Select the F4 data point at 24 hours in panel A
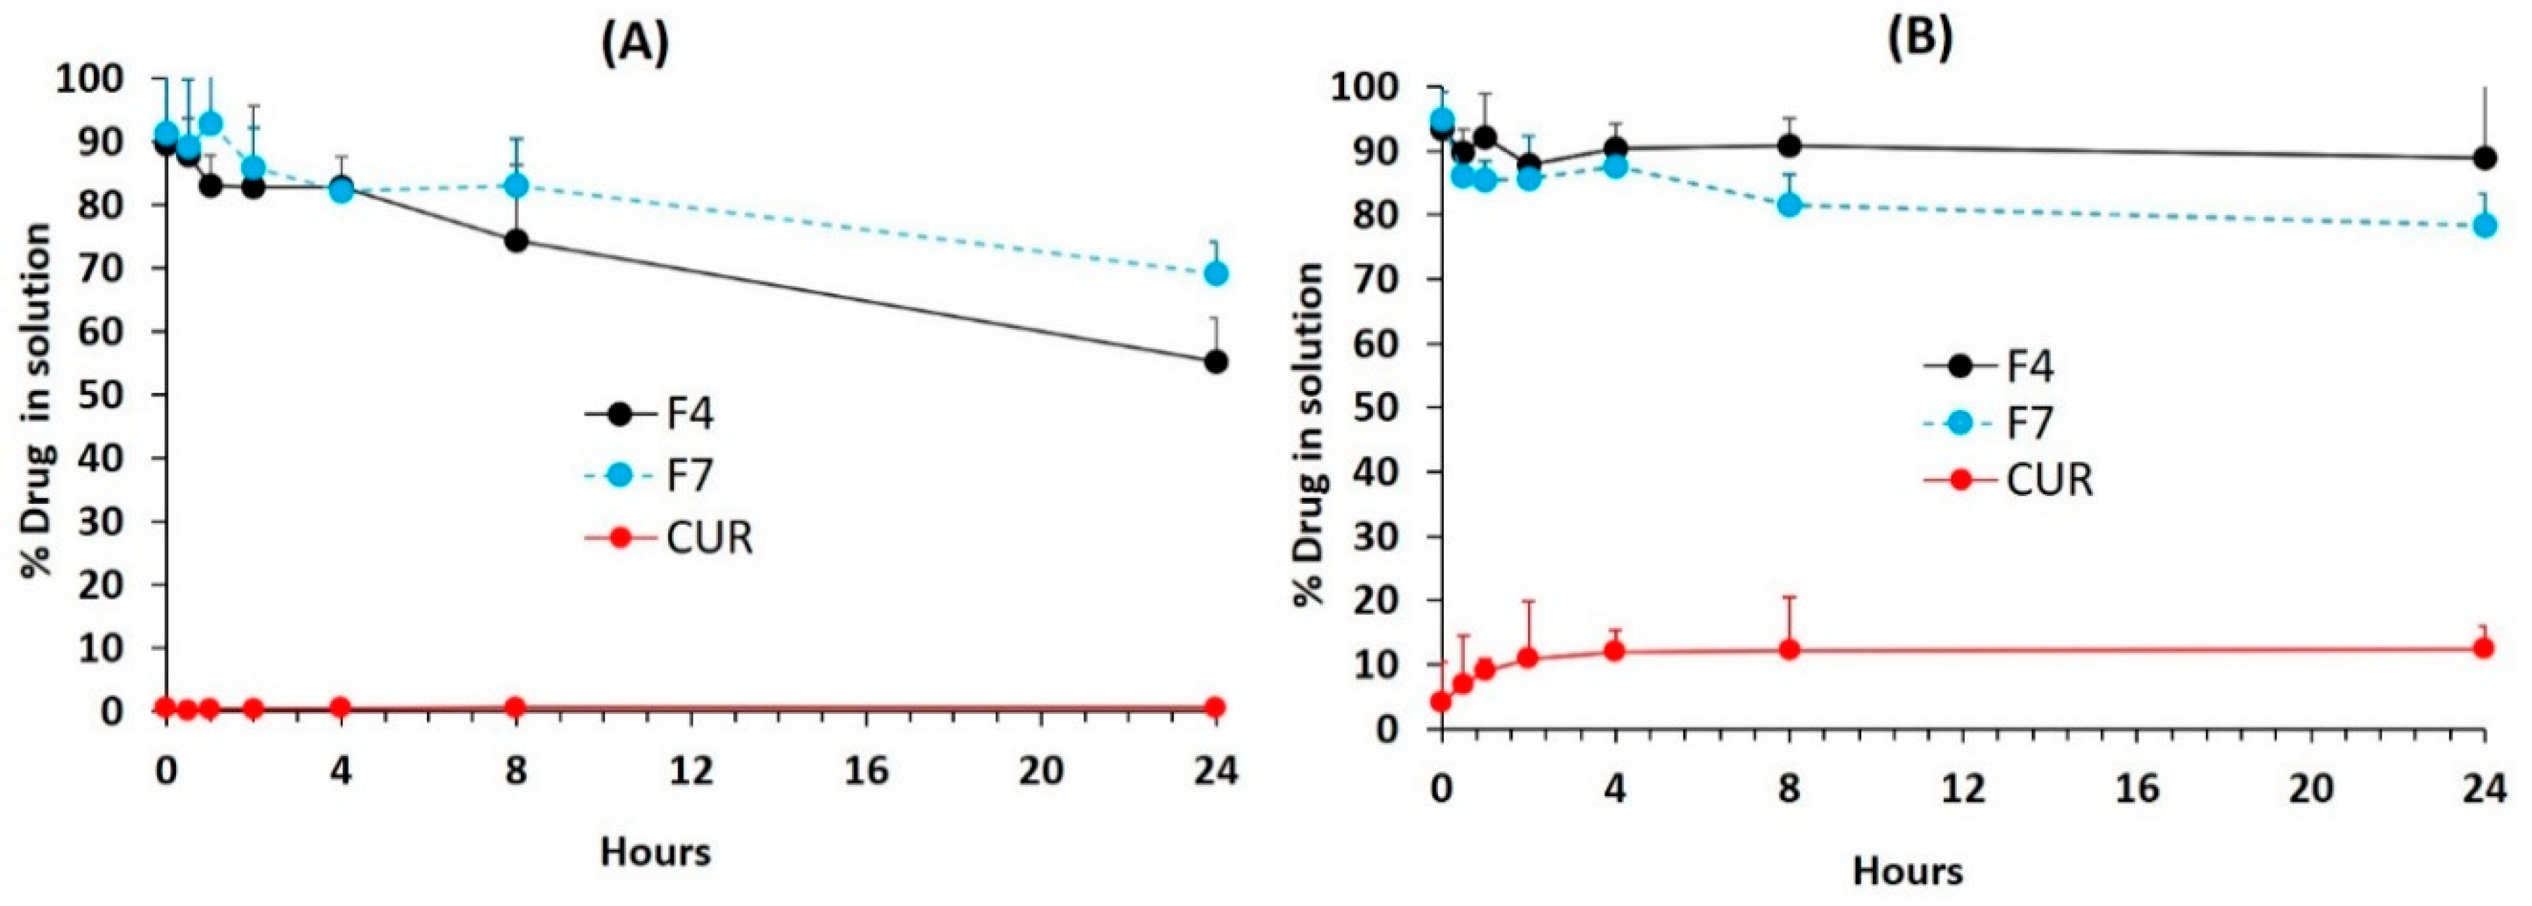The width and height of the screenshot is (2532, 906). tap(1216, 362)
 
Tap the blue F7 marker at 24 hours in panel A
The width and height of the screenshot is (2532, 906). tap(1216, 273)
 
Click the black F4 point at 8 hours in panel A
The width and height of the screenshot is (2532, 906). tap(516, 241)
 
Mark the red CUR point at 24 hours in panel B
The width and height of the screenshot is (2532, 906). tap(2483, 647)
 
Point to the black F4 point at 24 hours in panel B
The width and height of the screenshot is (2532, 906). tap(2483, 158)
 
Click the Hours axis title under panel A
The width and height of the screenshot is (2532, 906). tap(656, 851)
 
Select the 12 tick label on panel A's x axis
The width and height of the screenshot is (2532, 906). tap(691, 770)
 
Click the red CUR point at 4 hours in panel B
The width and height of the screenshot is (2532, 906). tap(1614, 650)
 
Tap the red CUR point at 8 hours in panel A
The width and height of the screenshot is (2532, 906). tap(515, 706)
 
